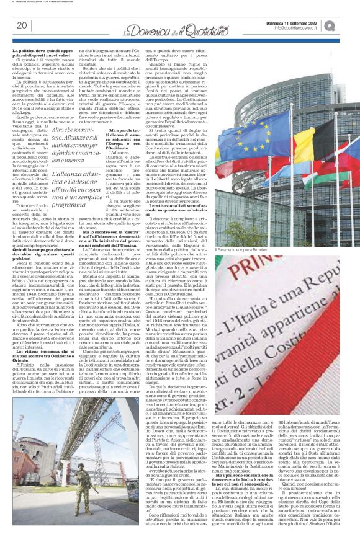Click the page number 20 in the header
21,25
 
